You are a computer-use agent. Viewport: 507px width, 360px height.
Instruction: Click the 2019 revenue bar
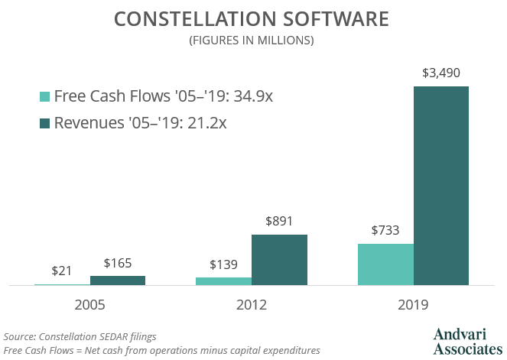pos(441,186)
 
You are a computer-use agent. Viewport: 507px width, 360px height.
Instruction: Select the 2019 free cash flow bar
pos(385,264)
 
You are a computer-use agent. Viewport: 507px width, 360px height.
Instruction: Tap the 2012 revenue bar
pos(279,260)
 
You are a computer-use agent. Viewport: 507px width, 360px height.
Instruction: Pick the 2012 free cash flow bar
pos(223,281)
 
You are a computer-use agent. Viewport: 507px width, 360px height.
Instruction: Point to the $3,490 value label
pos(441,74)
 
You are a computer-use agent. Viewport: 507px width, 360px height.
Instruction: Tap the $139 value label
pos(223,265)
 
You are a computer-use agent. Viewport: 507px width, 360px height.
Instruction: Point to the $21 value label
pos(62,271)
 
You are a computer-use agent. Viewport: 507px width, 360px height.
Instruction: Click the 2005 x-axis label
pos(89,304)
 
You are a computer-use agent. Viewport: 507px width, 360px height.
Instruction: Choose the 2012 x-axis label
pos(252,304)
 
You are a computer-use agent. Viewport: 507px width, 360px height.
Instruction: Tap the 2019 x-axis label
pos(413,304)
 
